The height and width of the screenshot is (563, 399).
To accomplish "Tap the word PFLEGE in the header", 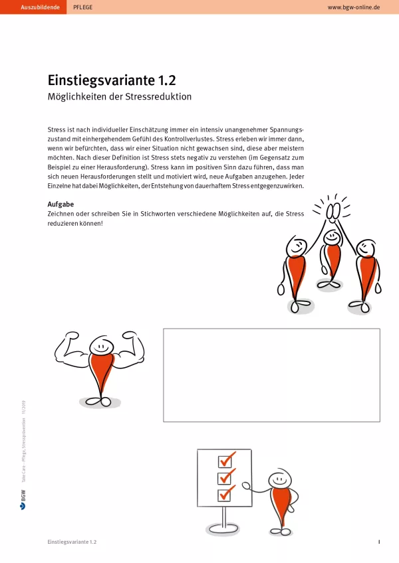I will pos(82,7).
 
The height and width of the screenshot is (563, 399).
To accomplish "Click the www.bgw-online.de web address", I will pos(354,7).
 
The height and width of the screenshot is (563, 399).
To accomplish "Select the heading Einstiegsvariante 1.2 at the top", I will pos(112,80).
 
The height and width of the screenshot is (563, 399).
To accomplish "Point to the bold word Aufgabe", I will pos(61,204).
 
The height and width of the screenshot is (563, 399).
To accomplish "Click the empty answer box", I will pos(271,374).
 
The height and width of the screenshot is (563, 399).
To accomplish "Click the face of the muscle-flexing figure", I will pos(101,346).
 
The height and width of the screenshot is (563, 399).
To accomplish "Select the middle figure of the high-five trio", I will pos(331,256).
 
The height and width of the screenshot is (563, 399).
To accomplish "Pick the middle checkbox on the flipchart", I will pos(225,477).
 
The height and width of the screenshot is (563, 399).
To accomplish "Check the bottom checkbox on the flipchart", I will pos(225,494).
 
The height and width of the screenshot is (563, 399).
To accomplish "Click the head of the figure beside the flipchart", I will pos(279,479).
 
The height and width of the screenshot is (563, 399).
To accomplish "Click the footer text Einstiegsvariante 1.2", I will pos(72,542).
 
